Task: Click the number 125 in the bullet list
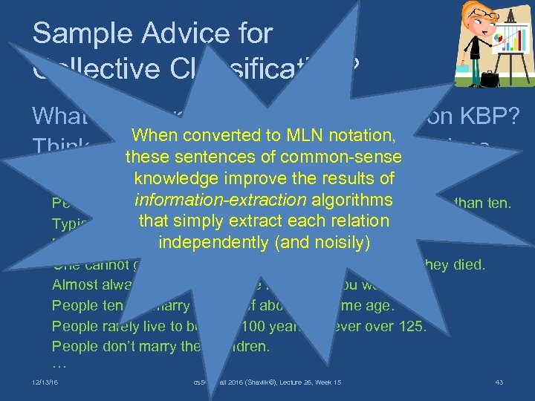412,326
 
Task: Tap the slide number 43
499,382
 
